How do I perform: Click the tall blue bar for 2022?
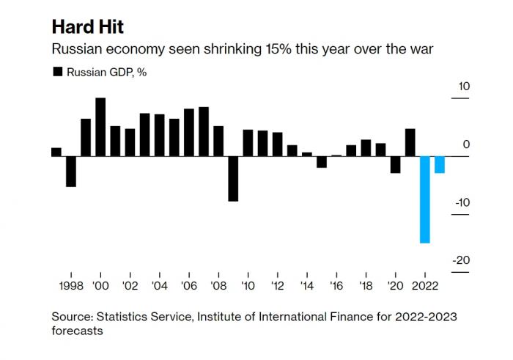[424, 199]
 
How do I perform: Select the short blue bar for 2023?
[439, 164]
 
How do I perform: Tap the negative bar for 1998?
[71, 171]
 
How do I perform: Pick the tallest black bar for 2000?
[100, 127]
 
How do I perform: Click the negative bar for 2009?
[233, 178]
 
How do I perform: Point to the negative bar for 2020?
[395, 164]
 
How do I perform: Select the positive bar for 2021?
[410, 142]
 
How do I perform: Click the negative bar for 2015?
[321, 161]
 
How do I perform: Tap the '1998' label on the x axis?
[71, 285]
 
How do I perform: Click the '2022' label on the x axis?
[424, 285]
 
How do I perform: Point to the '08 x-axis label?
[218, 285]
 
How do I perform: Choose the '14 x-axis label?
[306, 285]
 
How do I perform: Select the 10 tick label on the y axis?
[463, 87]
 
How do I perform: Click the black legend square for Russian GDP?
[56, 72]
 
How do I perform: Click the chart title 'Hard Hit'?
[87, 27]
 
